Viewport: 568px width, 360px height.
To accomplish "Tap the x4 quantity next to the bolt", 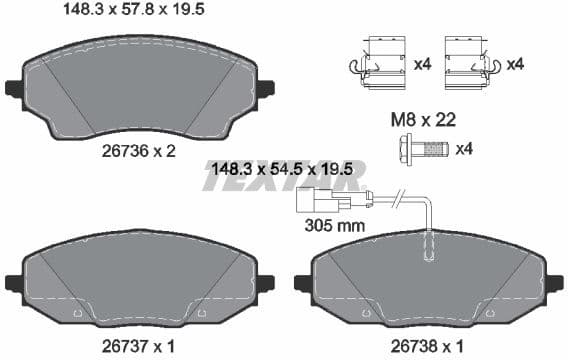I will coord(464,150).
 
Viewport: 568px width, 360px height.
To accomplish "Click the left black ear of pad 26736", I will coord(14,88).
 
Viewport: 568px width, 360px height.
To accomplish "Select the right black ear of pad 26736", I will coord(266,88).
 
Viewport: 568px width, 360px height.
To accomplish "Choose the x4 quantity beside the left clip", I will coord(422,64).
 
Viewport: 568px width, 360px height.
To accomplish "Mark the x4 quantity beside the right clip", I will coord(516,64).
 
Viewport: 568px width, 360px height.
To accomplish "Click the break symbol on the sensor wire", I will coord(399,197).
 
